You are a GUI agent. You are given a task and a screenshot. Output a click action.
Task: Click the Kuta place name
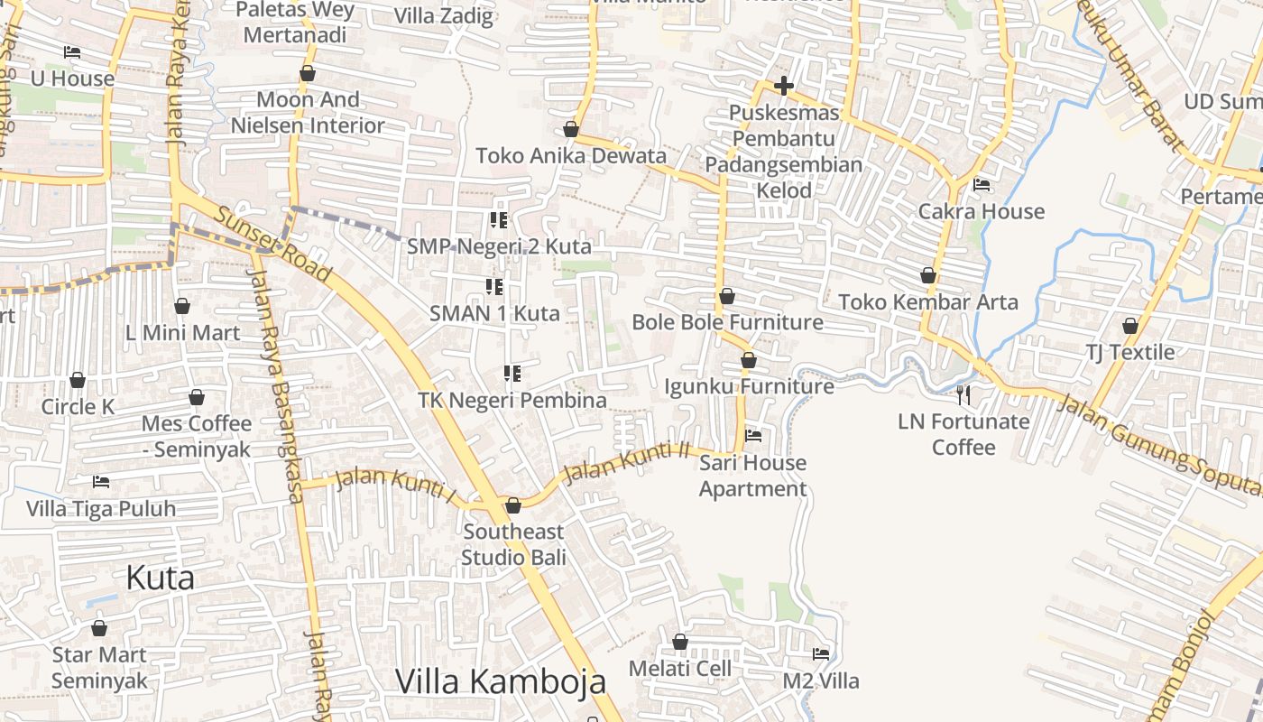pos(160,578)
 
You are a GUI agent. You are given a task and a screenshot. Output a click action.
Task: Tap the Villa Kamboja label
pos(501,681)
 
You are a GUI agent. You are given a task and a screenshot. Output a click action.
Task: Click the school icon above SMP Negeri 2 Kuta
pos(498,219)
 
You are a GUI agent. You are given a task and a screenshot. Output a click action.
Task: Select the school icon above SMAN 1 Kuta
pos(494,287)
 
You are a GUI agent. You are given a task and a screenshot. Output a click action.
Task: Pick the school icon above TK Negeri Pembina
pos(512,373)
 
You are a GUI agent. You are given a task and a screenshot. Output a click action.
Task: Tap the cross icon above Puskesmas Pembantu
pos(784,87)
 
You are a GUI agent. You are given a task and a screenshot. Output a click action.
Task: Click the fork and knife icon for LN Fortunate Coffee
pos(963,394)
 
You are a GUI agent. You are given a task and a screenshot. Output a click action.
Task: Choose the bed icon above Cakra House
pos(982,185)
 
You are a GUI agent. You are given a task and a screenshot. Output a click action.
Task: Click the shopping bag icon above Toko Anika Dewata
pos(570,129)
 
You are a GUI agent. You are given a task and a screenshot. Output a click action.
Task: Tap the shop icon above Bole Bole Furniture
pos(727,296)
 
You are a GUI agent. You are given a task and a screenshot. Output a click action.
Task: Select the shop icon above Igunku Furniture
pos(748,360)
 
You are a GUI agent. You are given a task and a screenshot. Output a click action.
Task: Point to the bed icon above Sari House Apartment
pos(753,436)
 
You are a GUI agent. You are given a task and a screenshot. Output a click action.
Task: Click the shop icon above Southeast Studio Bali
pos(513,505)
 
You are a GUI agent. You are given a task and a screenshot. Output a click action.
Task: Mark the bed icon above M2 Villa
pos(821,653)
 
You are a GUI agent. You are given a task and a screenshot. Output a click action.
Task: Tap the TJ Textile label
pos(1129,352)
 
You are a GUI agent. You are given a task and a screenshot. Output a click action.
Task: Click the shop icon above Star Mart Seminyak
pos(99,628)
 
